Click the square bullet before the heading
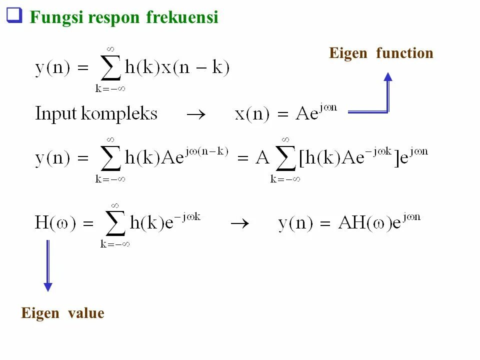14,16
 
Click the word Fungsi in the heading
56,17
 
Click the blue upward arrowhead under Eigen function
387,77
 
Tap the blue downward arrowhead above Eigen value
47,286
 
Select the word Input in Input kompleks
55,114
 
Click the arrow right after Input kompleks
195,114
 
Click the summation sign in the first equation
110,68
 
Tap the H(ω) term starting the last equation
55,223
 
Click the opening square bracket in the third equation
302,159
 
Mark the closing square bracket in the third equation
397,159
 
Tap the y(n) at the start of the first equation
52,68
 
